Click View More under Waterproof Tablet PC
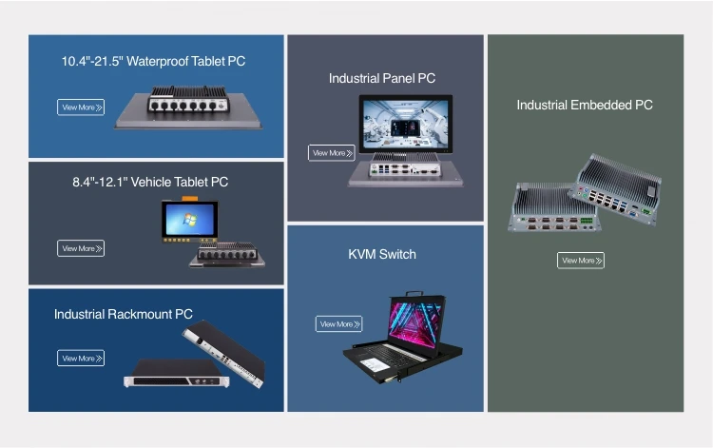click(81, 107)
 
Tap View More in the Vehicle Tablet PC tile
click(81, 248)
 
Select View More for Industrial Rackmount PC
click(81, 359)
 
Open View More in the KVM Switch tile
click(338, 324)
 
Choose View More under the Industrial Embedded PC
click(580, 261)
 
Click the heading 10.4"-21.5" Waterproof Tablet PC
click(153, 61)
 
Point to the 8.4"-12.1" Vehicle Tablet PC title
click(150, 182)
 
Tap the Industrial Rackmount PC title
click(123, 314)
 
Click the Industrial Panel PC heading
click(382, 78)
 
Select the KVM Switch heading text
click(381, 254)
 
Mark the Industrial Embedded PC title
click(585, 105)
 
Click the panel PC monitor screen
click(406, 124)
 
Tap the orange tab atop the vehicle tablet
click(190, 198)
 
